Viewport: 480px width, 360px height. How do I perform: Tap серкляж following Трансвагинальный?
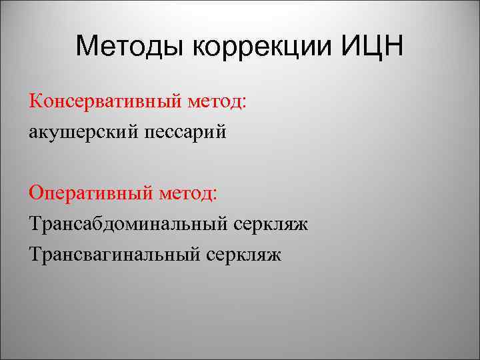click(245, 254)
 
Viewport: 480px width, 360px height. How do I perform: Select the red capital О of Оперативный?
click(35, 193)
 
